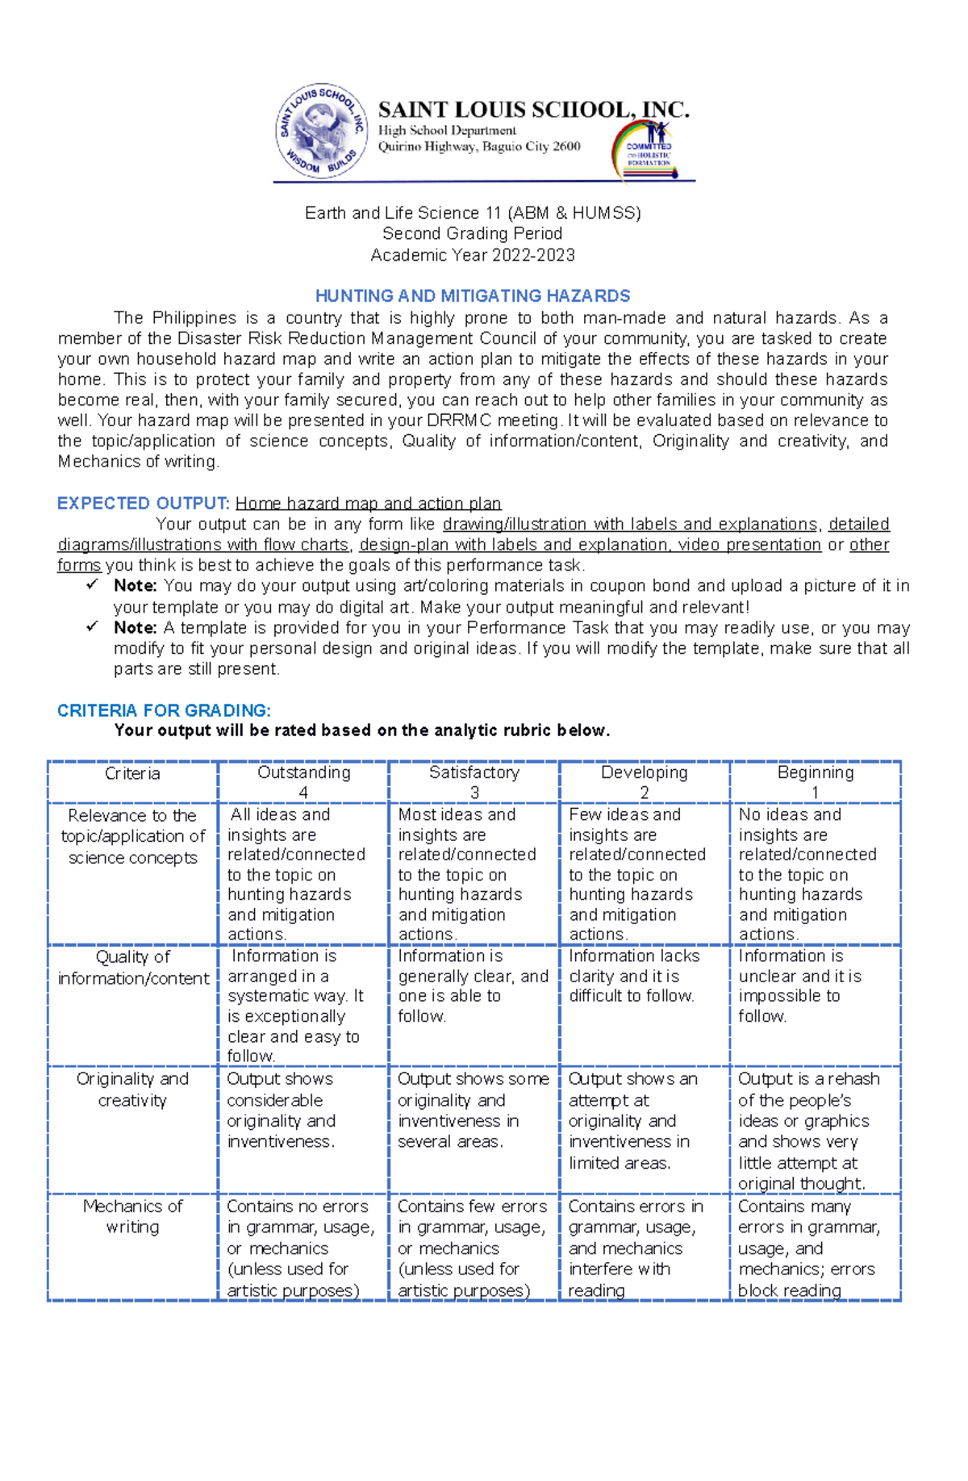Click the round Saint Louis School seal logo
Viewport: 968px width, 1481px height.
tap(322, 132)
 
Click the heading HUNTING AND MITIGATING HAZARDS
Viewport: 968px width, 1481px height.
tap(473, 296)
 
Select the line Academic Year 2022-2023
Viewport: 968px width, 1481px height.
tap(473, 255)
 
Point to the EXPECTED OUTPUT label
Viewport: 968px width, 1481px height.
tap(144, 504)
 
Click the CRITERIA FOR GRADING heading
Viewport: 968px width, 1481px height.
tap(164, 710)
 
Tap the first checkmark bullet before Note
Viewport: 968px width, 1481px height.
tap(92, 585)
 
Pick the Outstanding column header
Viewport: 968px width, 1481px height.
tap(303, 781)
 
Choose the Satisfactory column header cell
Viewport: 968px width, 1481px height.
tap(474, 781)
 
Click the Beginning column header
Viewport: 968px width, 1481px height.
tap(815, 781)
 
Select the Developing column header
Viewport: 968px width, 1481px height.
tap(644, 781)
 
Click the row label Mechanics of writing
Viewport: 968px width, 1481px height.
tap(132, 1216)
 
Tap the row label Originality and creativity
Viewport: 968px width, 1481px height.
tap(132, 1090)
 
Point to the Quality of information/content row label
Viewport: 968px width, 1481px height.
tap(133, 967)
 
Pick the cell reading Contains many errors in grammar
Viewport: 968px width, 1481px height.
tap(808, 1247)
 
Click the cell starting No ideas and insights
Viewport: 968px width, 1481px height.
tap(807, 874)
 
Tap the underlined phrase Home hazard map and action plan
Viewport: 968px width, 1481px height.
tap(368, 504)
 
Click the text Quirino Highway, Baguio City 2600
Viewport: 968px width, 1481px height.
tap(479, 147)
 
